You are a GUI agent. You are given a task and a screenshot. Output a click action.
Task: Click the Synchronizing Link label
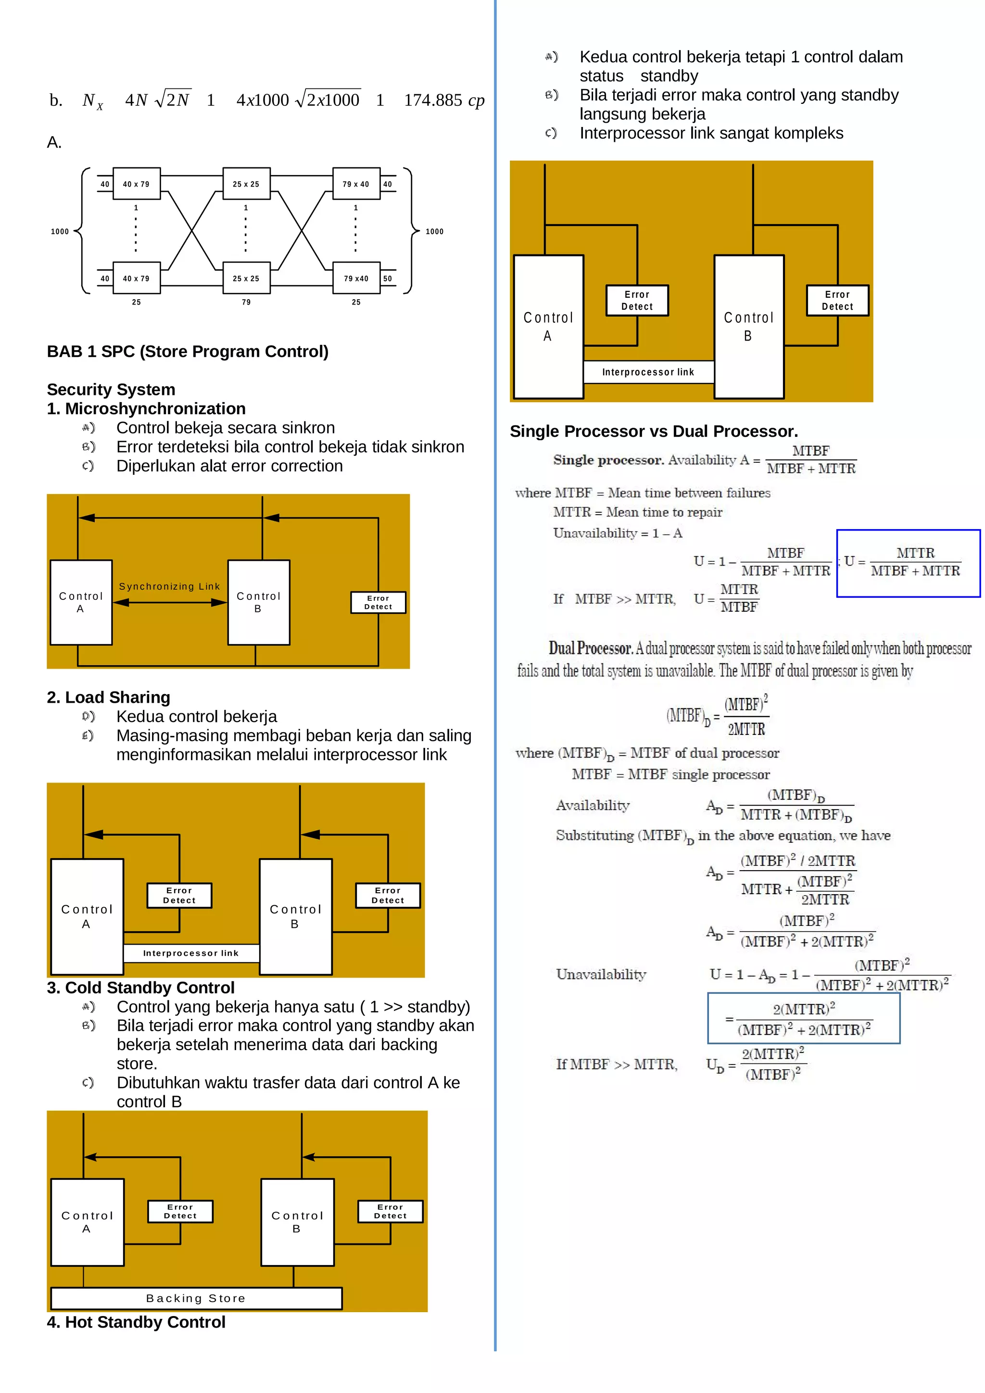(169, 586)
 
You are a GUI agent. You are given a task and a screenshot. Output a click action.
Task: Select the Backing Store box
(196, 1298)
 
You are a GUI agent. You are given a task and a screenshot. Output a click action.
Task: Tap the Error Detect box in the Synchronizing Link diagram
(378, 602)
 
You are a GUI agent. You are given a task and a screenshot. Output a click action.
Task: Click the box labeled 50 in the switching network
(388, 279)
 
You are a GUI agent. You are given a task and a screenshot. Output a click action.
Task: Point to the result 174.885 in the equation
(433, 100)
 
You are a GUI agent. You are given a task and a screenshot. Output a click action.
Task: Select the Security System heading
(111, 390)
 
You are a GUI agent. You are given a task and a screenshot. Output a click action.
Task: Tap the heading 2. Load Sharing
(109, 697)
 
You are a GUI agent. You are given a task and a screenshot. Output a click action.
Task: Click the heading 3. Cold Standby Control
(141, 988)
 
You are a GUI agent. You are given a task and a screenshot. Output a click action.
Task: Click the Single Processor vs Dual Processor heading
(653, 431)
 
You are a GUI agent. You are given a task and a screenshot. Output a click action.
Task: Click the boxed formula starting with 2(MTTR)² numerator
(803, 1019)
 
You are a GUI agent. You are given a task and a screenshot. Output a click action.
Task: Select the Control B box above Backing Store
(297, 1222)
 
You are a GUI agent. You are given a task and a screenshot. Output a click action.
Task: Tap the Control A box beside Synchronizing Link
(81, 602)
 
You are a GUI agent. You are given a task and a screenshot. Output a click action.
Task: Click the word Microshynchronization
(155, 408)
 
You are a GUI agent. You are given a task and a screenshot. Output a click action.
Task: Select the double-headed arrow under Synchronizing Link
(170, 602)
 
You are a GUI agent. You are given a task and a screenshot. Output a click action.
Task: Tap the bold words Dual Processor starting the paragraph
(590, 648)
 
